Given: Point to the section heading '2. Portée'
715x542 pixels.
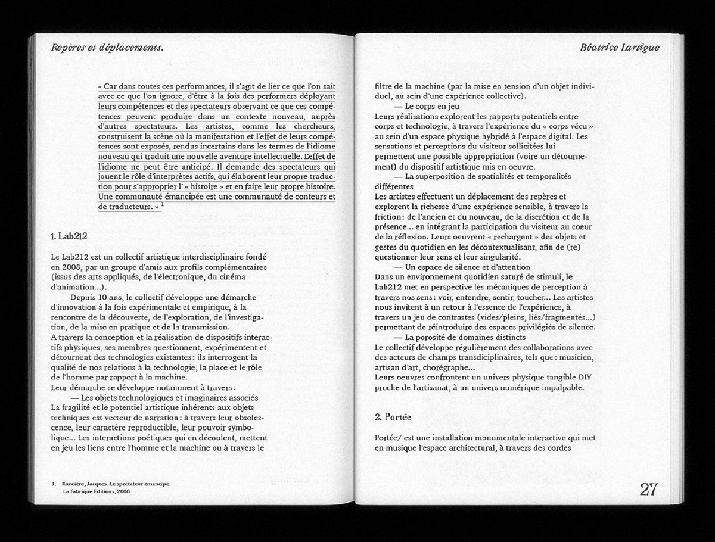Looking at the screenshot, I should coord(393,417).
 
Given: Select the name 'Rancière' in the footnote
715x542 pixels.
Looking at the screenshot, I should coord(71,484).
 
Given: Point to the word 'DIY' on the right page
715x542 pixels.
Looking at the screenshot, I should coord(586,378).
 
